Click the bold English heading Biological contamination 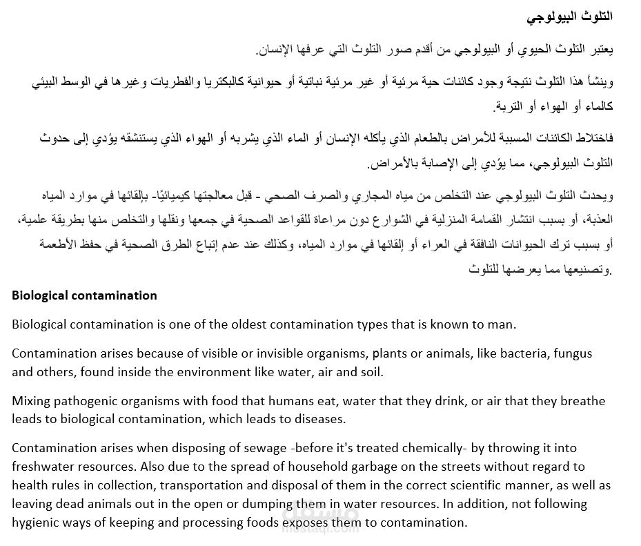coord(84,295)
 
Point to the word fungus coord(568,354)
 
